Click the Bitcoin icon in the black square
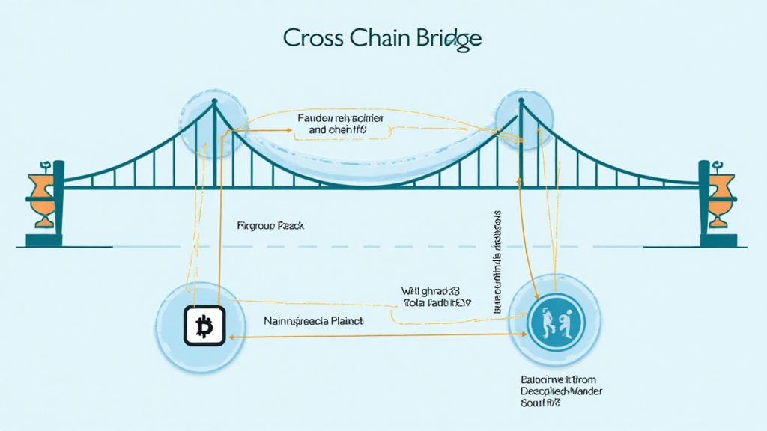tap(204, 326)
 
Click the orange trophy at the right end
tap(720, 196)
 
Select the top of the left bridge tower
tap(214, 105)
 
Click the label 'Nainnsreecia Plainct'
tap(313, 320)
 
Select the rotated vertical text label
tap(497, 261)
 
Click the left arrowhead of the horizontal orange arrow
tap(230, 337)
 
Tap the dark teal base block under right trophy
tap(721, 240)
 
